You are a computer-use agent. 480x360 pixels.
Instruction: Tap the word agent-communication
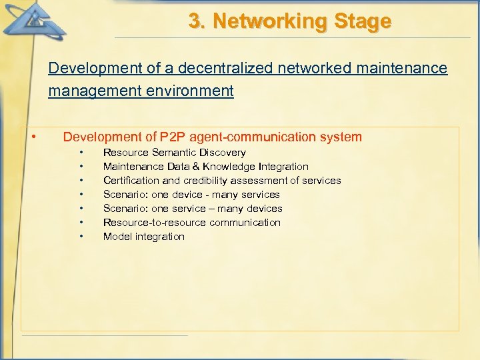(253, 137)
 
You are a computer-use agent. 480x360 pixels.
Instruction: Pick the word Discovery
(223, 153)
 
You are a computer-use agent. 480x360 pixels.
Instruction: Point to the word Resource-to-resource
(145, 223)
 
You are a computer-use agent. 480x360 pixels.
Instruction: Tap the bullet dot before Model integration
(81, 237)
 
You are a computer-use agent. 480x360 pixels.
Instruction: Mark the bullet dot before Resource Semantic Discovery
(81, 153)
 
